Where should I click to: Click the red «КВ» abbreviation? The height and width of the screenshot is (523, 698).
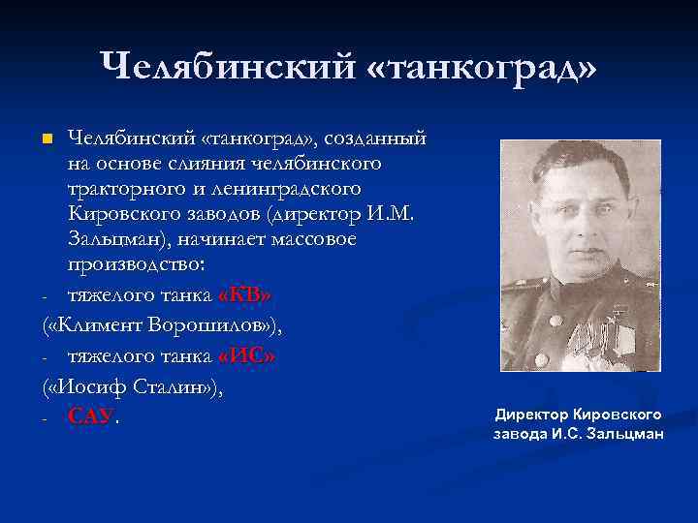coord(245,295)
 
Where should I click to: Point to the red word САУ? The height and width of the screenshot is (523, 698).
coord(90,416)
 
